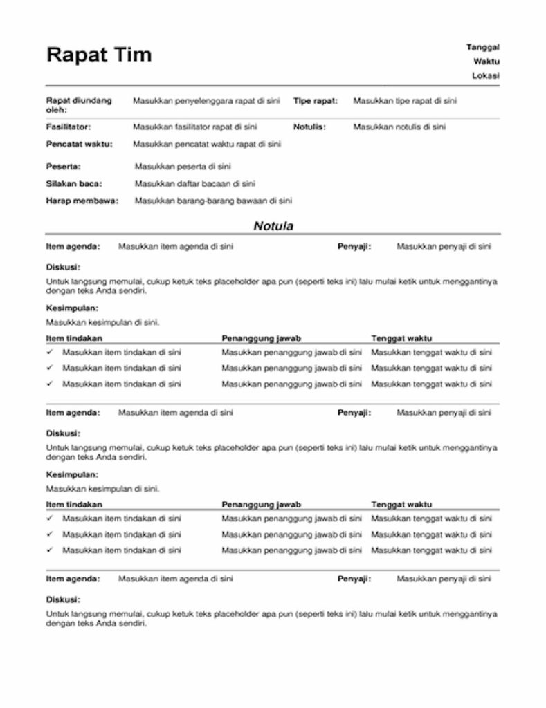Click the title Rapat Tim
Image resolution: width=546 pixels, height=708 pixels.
(98, 55)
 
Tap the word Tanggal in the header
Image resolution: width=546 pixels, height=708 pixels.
(483, 47)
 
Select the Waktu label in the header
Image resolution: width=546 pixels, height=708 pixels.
(486, 62)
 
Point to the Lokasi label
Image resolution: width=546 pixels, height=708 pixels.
(486, 75)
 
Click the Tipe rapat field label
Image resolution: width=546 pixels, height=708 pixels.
(316, 101)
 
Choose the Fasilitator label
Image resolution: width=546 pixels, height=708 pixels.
(69, 127)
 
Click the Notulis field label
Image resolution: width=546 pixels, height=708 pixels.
(309, 127)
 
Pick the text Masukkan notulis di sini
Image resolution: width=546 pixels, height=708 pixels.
(399, 127)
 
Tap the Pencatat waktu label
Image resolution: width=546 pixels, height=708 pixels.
(79, 145)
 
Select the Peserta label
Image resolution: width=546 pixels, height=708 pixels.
(63, 167)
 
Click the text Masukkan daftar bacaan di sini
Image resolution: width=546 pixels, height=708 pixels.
(195, 184)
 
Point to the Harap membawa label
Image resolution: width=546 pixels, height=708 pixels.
(82, 201)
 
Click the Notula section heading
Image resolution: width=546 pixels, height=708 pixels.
(273, 226)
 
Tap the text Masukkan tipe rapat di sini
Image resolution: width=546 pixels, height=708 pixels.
(405, 101)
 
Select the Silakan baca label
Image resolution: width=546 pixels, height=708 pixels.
(74, 184)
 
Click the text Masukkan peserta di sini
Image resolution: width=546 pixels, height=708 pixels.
(183, 167)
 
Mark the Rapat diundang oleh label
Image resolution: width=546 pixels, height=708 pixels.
(78, 105)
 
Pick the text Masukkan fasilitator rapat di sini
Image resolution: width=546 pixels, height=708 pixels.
(195, 127)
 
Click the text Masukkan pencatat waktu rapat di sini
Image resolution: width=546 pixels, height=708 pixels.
(207, 145)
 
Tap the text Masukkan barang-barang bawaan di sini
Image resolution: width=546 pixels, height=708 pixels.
(213, 201)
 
